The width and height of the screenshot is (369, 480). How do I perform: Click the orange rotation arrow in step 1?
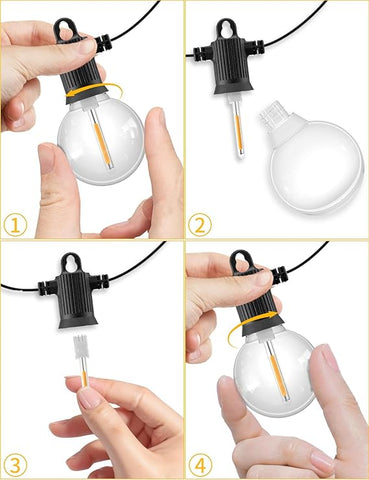84,93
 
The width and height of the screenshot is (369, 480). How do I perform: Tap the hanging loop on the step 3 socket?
73,263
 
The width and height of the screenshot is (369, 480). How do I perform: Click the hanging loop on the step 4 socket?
243,263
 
